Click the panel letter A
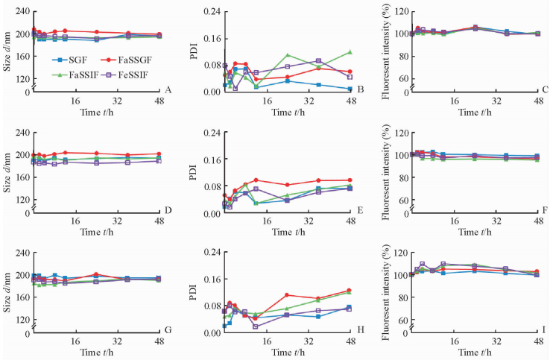(169, 90)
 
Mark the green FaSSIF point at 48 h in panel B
(350, 52)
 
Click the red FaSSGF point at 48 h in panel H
(350, 291)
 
